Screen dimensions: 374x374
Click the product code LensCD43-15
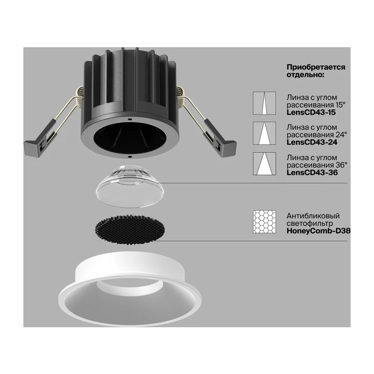(x=311, y=112)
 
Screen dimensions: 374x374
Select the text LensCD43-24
(x=312, y=143)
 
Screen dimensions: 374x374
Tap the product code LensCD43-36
(x=312, y=173)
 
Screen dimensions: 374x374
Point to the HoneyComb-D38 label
(x=318, y=231)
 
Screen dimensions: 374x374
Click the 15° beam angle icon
(x=265, y=103)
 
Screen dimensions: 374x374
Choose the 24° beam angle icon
(x=265, y=133)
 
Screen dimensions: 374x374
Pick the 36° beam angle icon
(x=265, y=164)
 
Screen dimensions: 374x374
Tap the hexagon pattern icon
(x=265, y=222)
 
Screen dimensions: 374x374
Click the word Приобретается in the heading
(x=316, y=67)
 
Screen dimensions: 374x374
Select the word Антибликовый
(x=313, y=216)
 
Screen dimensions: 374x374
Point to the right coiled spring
(x=182, y=96)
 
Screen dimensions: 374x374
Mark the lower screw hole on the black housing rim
(x=130, y=157)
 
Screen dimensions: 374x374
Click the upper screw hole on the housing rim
(x=129, y=119)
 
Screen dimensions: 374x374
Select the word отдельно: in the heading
(x=305, y=75)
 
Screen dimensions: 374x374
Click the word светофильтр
(x=309, y=223)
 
